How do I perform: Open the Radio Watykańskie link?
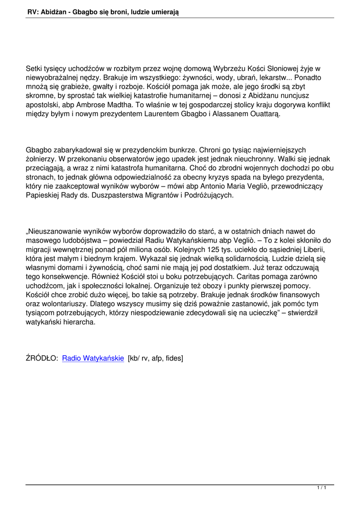coord(93,358)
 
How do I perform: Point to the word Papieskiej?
coord(44,195)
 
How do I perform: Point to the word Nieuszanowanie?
coord(56,231)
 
